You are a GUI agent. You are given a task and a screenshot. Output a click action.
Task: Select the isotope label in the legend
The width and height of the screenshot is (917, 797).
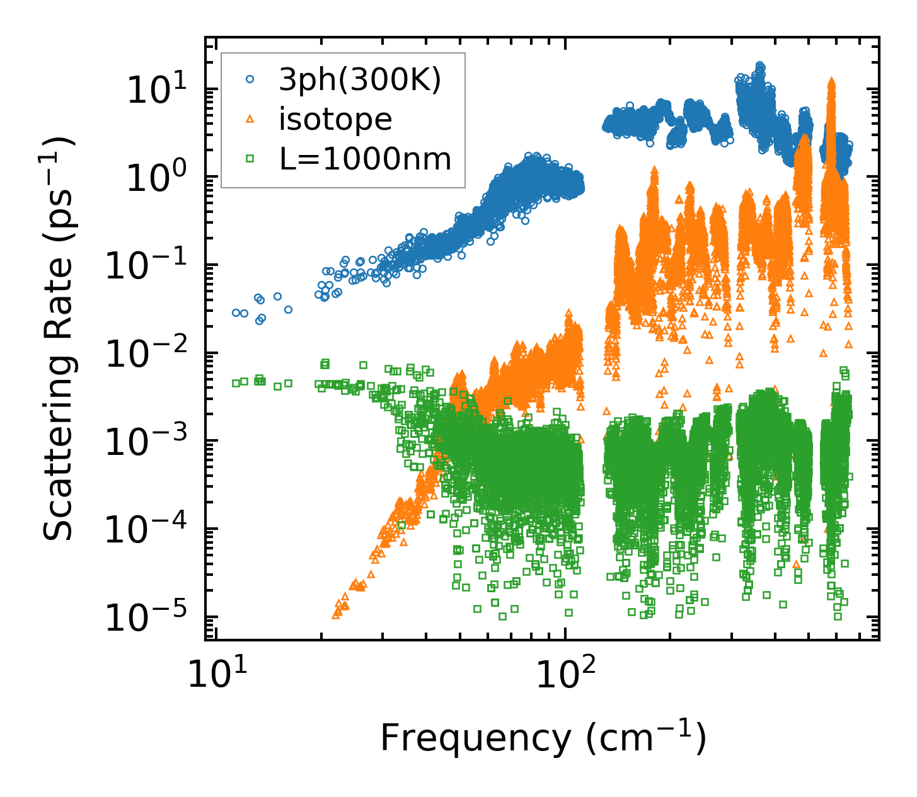(335, 119)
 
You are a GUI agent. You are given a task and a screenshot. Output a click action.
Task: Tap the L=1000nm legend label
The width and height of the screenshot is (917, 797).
(366, 159)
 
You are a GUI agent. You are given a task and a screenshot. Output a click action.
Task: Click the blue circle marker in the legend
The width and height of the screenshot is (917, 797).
(250, 79)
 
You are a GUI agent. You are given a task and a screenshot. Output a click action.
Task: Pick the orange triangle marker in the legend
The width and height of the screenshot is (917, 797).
(250, 119)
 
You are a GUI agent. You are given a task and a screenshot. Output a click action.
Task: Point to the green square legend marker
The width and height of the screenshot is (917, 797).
(250, 159)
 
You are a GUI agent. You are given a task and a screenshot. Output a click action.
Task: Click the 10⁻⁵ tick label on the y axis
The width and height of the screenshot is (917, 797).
(151, 618)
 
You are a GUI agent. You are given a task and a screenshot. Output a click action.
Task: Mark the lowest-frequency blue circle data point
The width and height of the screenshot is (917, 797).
(236, 312)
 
